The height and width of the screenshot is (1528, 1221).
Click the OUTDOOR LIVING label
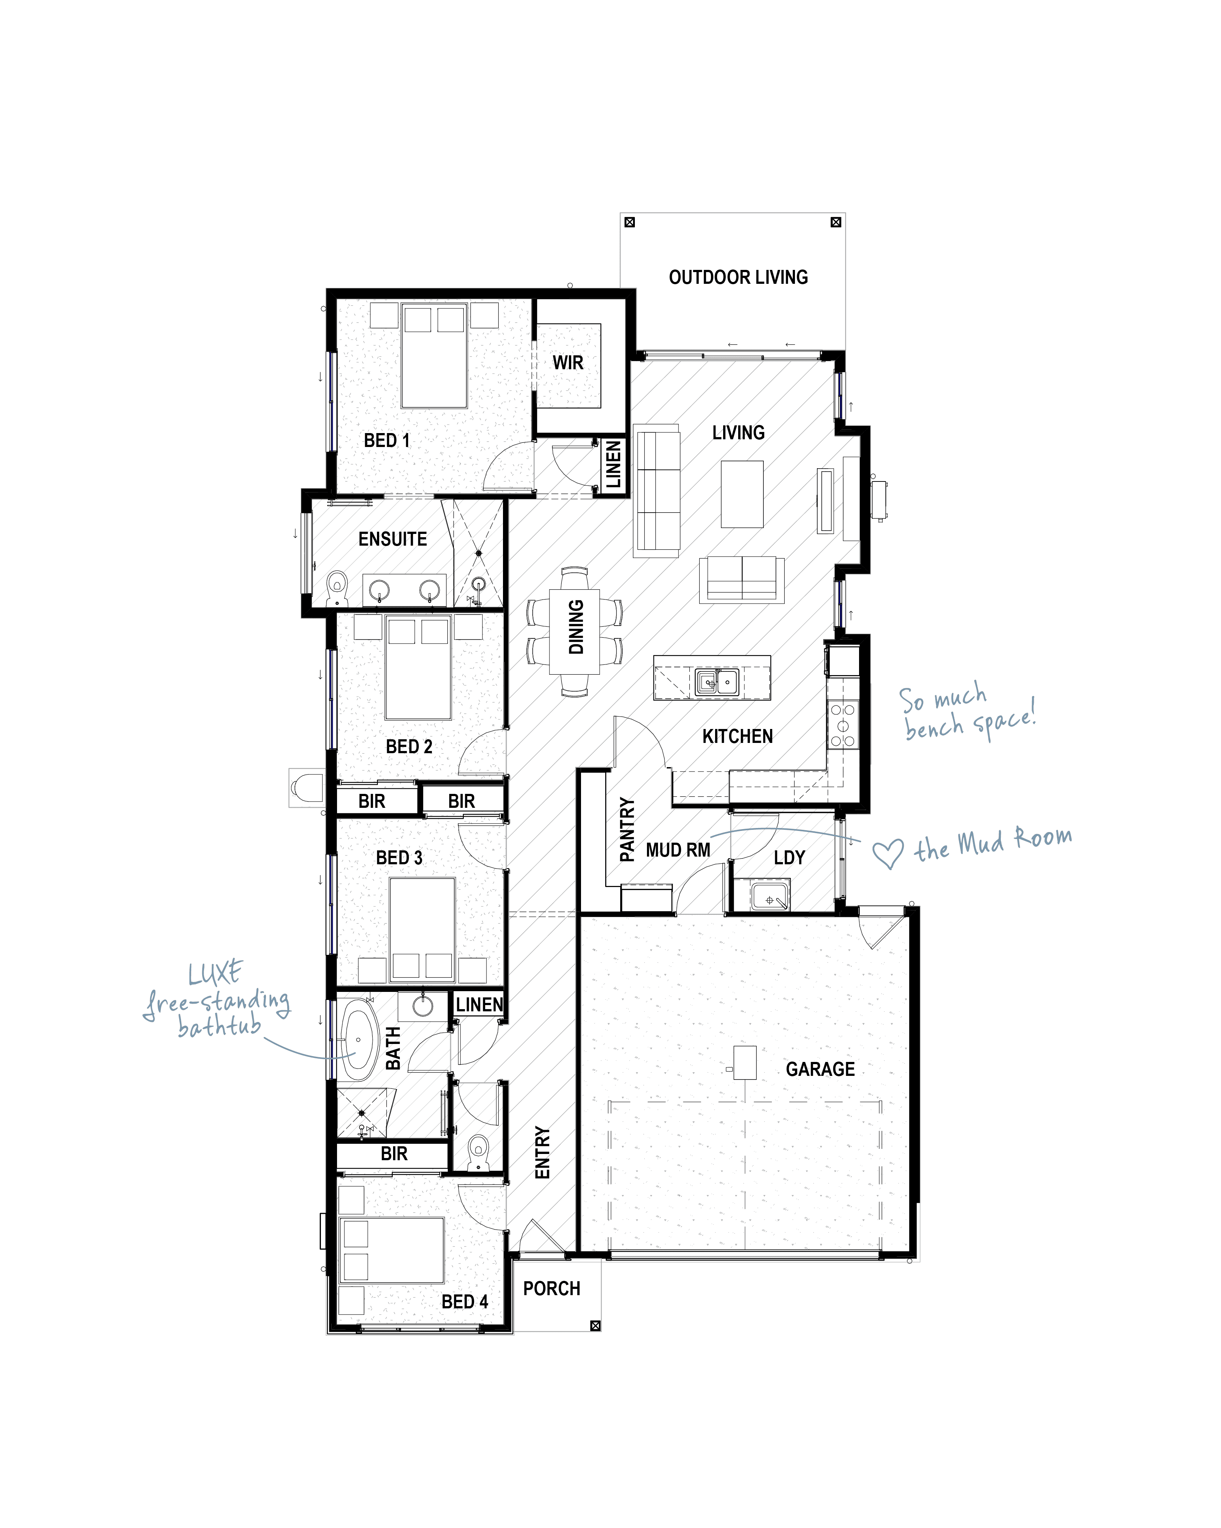[x=738, y=277]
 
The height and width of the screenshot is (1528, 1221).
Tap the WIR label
[x=568, y=363]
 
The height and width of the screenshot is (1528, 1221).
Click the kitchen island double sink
[x=717, y=682]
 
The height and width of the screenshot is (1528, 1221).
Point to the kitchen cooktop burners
[x=843, y=724]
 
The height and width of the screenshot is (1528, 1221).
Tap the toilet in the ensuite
[x=338, y=587]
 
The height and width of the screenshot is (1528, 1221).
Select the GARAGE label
[x=820, y=1069]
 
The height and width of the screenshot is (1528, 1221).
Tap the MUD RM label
[x=678, y=850]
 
